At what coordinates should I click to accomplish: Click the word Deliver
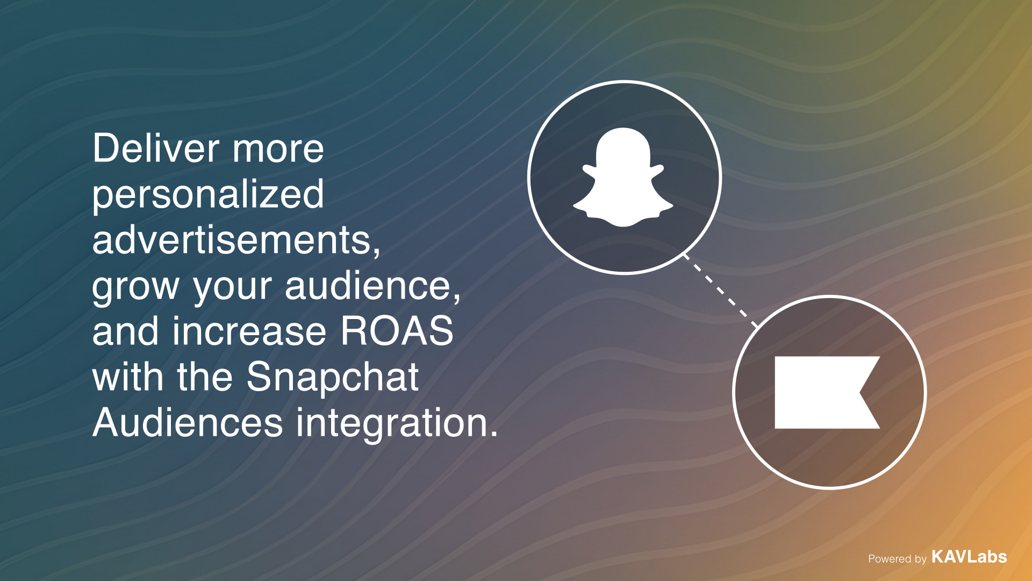point(156,148)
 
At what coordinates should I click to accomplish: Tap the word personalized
point(208,195)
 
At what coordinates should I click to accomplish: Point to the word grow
point(135,288)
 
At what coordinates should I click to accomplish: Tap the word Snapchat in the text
point(333,378)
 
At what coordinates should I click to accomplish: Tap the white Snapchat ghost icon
point(623,177)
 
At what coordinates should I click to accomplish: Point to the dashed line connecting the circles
point(720,290)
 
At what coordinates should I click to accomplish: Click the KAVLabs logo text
point(969,557)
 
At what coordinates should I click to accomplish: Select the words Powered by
point(897,559)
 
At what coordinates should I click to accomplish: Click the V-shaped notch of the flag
point(861,393)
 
